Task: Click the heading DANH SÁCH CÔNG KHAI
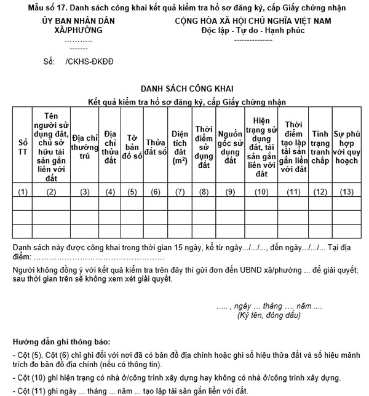[x=184, y=88]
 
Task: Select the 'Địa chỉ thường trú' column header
[x=85, y=147]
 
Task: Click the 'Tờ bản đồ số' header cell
[x=132, y=147]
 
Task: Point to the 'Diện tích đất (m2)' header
[x=180, y=147]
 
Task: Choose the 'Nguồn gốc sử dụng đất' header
[x=230, y=147]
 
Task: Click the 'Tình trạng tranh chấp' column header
[x=320, y=147]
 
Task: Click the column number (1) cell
[x=23, y=192]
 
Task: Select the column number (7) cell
[x=180, y=192]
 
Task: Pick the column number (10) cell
[x=261, y=192]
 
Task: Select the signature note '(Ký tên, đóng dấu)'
[x=269, y=315]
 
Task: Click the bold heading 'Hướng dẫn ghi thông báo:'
[x=61, y=341]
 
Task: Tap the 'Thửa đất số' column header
[x=156, y=147]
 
